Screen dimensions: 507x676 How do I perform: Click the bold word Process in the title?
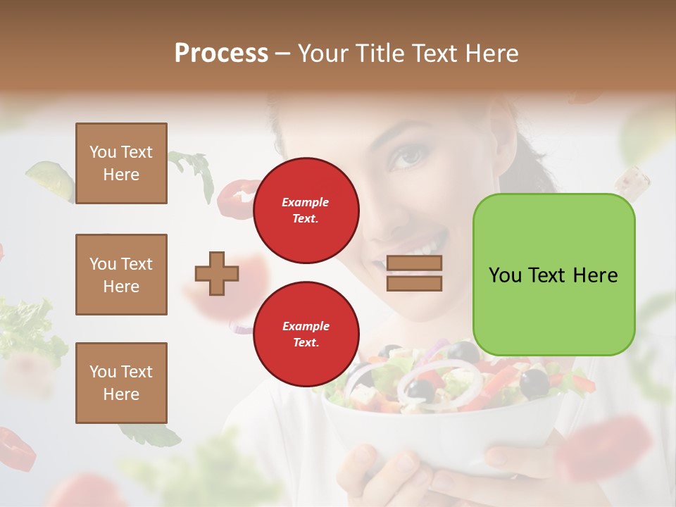click(221, 54)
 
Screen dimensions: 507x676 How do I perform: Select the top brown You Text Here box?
click(121, 163)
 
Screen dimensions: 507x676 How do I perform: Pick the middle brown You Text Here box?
click(121, 275)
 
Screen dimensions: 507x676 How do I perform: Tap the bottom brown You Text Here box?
click(121, 383)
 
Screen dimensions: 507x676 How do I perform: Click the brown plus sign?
click(217, 273)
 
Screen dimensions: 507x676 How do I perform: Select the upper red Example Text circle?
click(306, 211)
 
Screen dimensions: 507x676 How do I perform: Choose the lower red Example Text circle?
click(306, 334)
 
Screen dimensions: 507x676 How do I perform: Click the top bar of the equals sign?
click(414, 263)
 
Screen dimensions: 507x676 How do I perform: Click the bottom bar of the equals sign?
click(414, 283)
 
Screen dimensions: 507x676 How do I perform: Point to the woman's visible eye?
click(406, 156)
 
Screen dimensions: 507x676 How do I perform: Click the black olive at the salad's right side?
click(534, 382)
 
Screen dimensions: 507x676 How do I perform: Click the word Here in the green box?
click(595, 275)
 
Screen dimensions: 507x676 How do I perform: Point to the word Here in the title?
click(490, 54)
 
